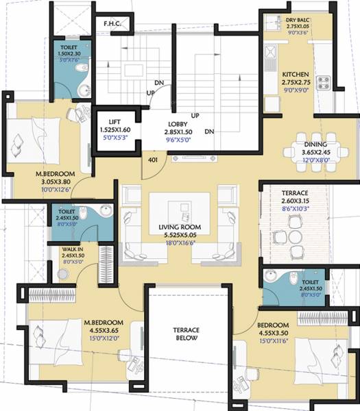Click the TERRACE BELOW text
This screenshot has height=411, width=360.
tap(185, 334)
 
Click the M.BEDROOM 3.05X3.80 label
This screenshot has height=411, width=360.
tap(56, 174)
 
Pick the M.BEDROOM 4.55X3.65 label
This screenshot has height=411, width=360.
tap(103, 322)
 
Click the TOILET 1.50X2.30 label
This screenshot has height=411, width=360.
tap(68, 47)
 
